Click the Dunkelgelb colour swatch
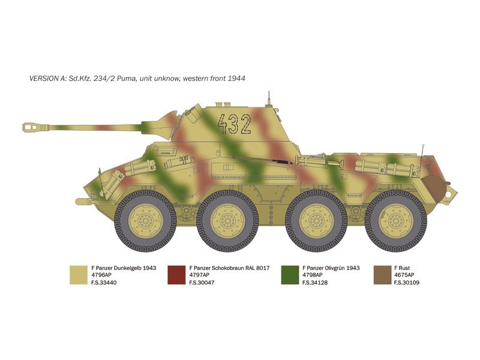point(79,275)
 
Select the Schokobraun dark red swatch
point(176,275)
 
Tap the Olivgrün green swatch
point(290,275)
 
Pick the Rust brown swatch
point(382,275)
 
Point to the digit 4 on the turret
point(223,124)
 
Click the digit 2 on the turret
point(245,124)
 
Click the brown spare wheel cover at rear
point(434,188)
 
